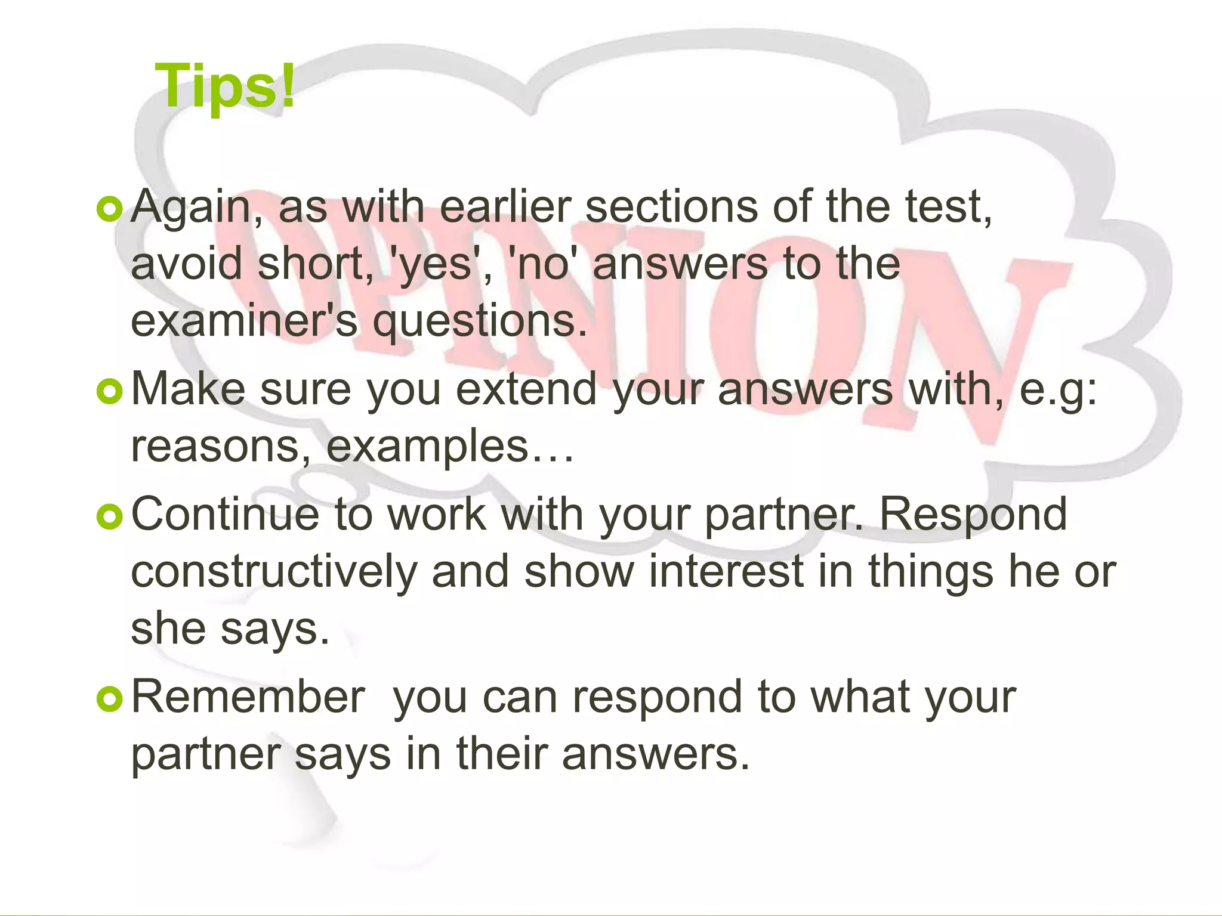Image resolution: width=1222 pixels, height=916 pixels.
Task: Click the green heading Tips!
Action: (x=225, y=88)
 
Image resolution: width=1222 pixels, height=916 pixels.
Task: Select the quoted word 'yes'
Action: (x=436, y=264)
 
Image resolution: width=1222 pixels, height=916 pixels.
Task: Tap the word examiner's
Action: (x=244, y=321)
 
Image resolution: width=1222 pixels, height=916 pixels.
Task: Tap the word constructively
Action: (x=274, y=571)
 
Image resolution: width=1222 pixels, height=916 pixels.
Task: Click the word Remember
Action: (x=248, y=697)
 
